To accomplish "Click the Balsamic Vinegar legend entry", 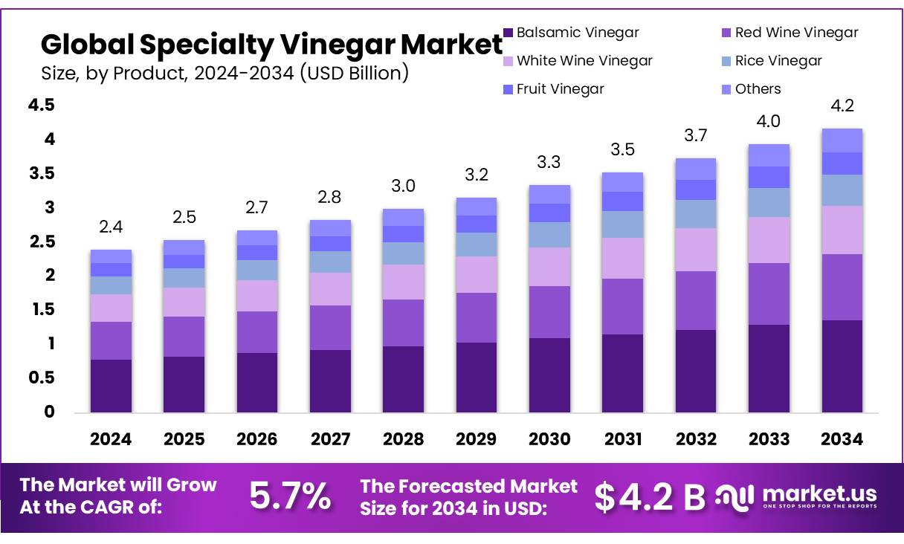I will [577, 33].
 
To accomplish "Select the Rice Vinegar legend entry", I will [778, 61].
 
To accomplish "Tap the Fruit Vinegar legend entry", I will [560, 89].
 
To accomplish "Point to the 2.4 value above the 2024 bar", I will [111, 227].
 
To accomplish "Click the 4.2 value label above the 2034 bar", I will [842, 106].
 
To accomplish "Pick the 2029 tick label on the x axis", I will [476, 439].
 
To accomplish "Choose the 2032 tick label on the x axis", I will [695, 439].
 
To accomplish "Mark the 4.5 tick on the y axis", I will [42, 106].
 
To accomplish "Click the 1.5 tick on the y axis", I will [42, 309].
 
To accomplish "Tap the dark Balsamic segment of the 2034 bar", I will [842, 366].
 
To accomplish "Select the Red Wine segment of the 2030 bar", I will [549, 312].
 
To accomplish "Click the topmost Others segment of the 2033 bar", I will [769, 155].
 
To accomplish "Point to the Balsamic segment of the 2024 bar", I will [111, 386].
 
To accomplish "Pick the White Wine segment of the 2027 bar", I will [330, 289].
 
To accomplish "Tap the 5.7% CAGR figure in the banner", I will [290, 496].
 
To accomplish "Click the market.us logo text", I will [819, 494].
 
